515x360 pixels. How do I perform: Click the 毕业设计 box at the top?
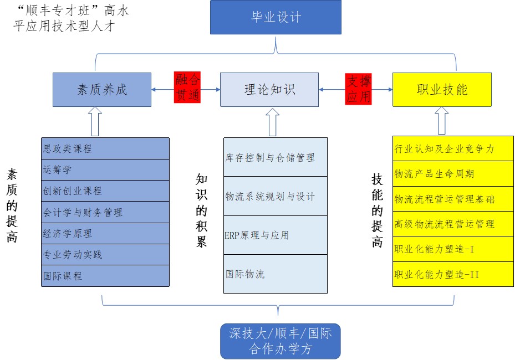[276, 17]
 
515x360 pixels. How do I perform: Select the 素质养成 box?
[102, 89]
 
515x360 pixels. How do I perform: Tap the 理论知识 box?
[269, 89]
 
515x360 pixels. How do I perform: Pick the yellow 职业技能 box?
[441, 89]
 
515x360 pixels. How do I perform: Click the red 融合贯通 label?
[187, 88]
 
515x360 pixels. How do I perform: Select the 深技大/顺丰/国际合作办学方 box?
[280, 341]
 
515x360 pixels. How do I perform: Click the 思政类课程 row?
[105, 148]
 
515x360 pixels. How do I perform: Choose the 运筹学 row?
[105, 169]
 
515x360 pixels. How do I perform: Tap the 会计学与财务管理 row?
[105, 212]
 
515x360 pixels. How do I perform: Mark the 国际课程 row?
[105, 275]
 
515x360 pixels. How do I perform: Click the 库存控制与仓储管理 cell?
[276, 158]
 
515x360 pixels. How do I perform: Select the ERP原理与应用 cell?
[276, 235]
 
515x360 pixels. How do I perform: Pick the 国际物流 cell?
[276, 274]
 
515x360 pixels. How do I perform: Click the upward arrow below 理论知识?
[272, 122]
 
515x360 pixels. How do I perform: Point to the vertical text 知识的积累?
[201, 210]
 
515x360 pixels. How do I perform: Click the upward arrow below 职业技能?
[441, 120]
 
